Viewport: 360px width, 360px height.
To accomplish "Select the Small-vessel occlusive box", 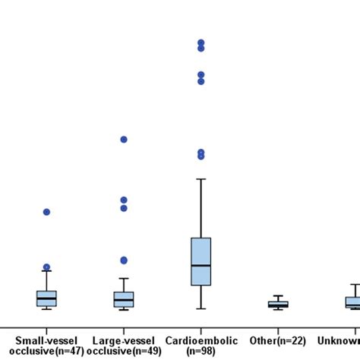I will point(46,298).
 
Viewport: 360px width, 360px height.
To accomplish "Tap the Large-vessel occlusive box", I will point(124,299).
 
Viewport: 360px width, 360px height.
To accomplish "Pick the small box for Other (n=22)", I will point(278,305).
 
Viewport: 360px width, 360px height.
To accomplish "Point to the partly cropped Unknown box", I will point(353,302).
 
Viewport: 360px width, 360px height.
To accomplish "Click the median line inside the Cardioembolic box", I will point(201,265).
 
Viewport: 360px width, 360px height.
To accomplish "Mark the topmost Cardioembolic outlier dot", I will point(201,43).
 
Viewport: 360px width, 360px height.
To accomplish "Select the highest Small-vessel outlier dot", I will point(46,212).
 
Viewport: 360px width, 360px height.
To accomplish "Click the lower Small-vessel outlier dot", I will point(46,267).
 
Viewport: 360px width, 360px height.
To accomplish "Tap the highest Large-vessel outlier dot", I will point(124,139).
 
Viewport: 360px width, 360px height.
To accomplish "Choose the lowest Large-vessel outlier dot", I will point(124,261).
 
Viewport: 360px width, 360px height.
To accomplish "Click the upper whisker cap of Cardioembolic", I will point(201,178).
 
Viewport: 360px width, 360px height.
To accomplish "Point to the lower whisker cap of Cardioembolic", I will point(201,308).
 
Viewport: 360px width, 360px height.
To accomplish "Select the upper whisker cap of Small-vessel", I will point(46,271).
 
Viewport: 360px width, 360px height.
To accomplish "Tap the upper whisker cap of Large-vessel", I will point(124,278).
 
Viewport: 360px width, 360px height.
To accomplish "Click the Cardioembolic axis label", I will point(201,340).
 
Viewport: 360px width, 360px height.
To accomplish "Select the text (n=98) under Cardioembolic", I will point(201,352).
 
